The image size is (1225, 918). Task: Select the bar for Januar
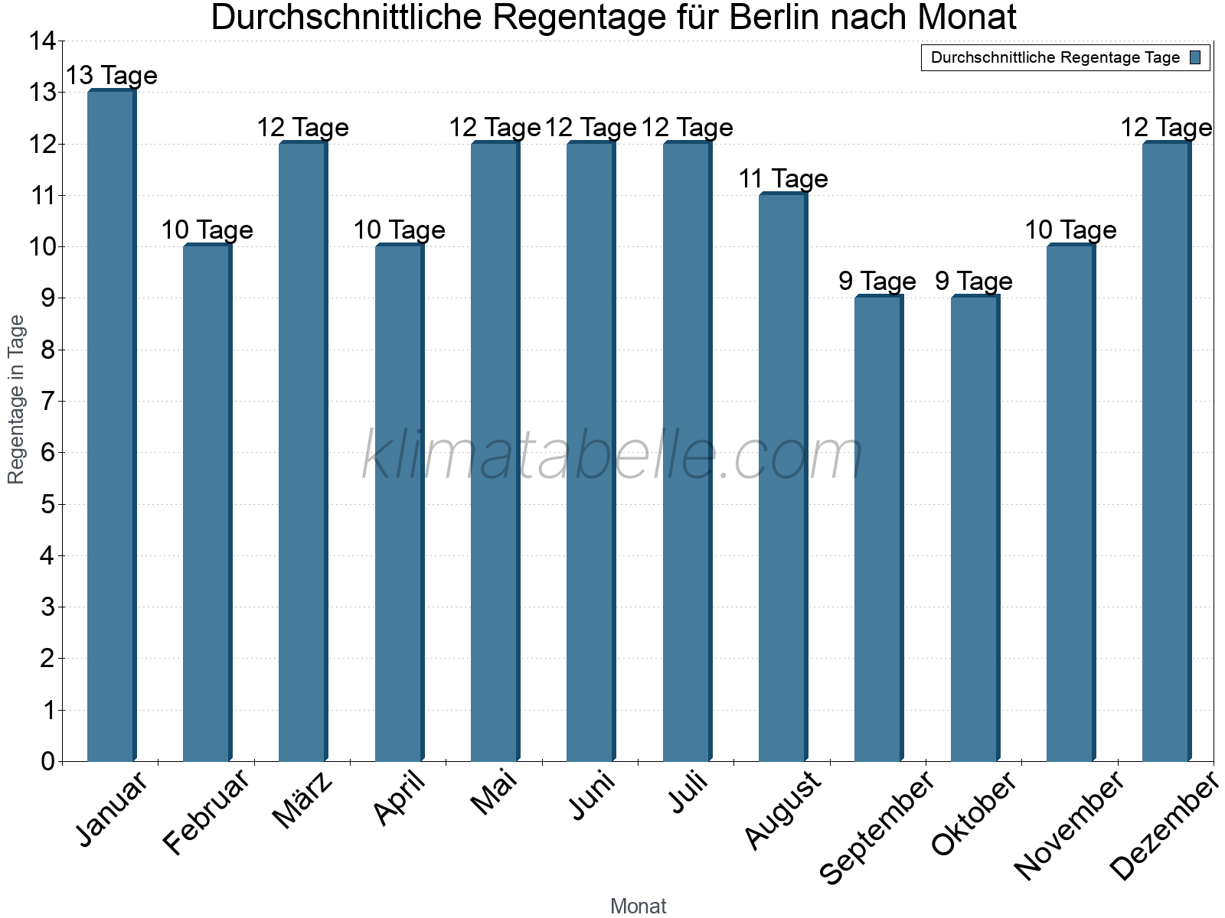[111, 425]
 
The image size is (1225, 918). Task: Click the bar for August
[782, 477]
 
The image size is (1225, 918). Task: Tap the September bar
[878, 529]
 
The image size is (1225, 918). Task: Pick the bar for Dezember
[1166, 451]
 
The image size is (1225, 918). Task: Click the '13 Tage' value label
[111, 76]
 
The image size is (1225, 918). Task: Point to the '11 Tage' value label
[782, 179]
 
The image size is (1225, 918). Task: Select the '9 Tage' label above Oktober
[974, 282]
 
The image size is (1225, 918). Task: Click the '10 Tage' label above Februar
[207, 230]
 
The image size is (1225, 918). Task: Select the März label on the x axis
[304, 801]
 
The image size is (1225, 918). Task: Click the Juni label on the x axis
[592, 796]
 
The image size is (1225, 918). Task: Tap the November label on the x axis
[1069, 825]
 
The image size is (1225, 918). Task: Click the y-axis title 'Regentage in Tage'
[16, 399]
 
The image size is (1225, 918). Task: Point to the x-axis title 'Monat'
[638, 907]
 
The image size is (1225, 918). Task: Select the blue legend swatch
[1195, 57]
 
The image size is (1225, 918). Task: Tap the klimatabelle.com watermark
[612, 456]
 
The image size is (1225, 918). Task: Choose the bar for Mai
[495, 451]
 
